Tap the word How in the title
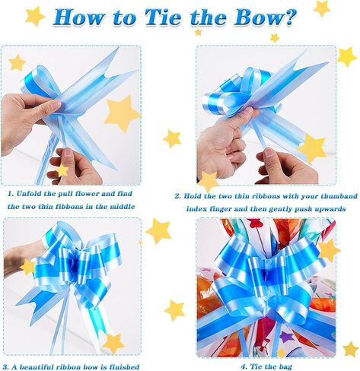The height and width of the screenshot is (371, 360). coord(78,17)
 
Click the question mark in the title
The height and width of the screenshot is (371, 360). coord(291,17)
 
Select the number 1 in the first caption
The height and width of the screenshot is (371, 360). coord(10,194)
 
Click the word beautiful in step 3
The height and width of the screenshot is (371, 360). coord(37,366)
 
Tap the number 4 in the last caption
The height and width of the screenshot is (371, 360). coord(243,366)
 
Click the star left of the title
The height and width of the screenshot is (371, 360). coord(35,16)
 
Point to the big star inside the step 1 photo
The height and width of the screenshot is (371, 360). coord(122,113)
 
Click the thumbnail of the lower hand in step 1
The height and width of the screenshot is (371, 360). coord(68,152)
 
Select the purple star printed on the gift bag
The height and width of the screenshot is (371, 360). coord(287,337)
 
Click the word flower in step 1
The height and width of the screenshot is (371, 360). coord(86,194)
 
